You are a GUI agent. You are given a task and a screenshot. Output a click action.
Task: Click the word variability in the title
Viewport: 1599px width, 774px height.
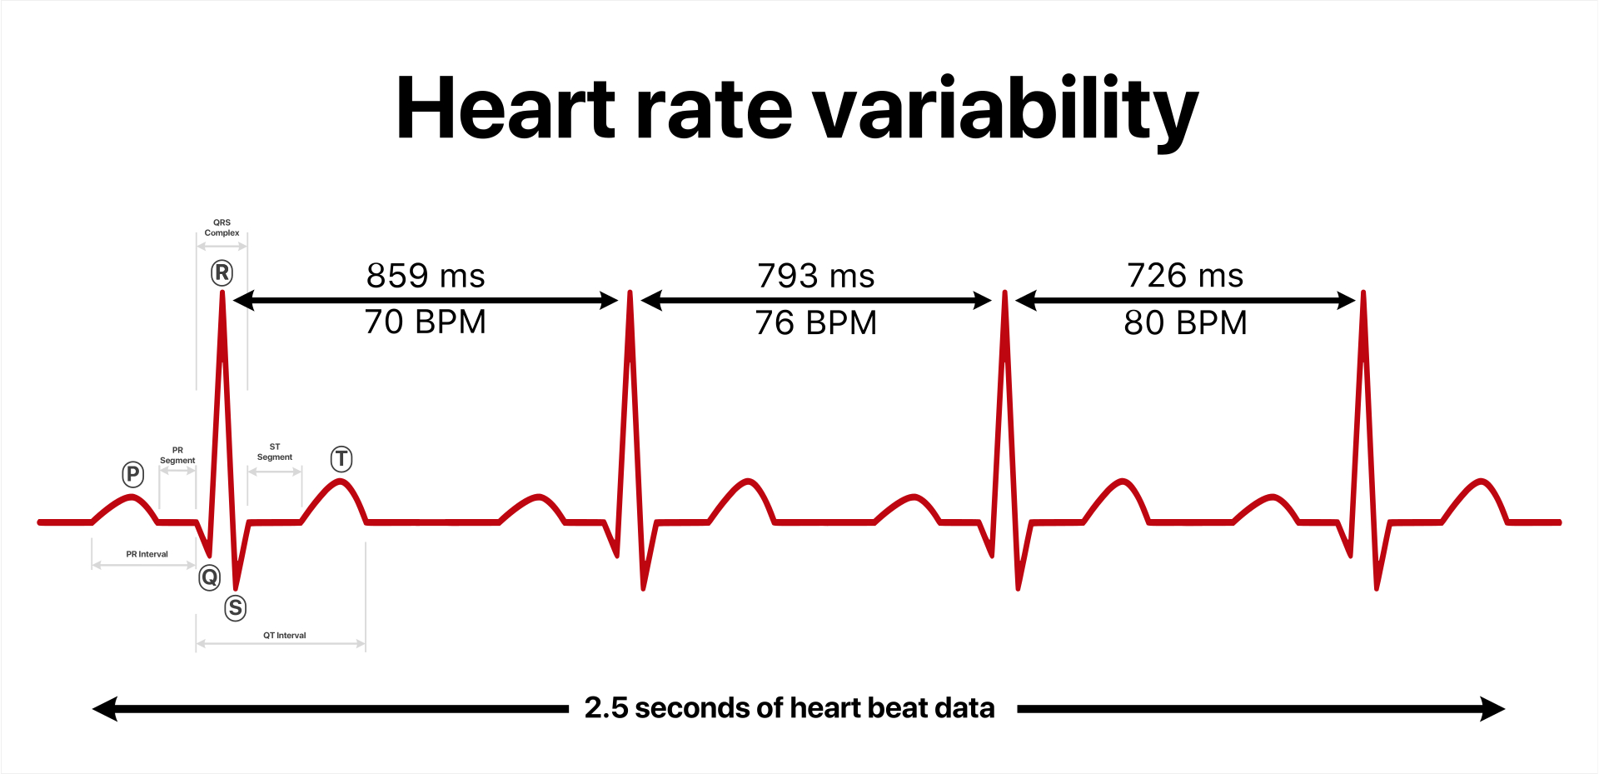[x=1005, y=111]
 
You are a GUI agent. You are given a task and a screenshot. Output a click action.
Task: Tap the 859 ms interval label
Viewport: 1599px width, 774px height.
[x=426, y=276]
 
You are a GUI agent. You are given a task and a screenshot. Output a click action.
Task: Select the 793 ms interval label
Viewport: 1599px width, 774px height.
[x=816, y=276]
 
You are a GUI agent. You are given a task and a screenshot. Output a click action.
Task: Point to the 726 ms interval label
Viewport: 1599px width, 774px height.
[x=1185, y=276]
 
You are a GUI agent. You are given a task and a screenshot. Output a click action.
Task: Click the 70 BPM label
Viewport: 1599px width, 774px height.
[x=426, y=322]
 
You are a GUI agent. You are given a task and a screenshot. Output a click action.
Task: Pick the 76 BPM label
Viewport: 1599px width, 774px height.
[x=816, y=323]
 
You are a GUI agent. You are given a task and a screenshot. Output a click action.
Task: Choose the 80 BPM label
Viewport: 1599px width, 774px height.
[x=1185, y=323]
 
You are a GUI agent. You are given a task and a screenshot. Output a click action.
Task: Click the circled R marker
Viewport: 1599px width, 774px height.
[x=222, y=272]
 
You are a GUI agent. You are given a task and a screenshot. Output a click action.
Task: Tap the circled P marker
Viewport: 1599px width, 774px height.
[x=132, y=474]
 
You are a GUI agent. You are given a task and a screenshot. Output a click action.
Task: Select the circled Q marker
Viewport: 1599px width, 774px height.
[x=210, y=577]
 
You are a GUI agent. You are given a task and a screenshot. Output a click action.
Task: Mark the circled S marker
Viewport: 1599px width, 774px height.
[x=236, y=607]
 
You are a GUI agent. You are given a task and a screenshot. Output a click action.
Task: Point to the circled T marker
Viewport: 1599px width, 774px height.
[x=341, y=458]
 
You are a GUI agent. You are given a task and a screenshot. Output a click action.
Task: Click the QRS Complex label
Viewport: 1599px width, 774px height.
[x=222, y=227]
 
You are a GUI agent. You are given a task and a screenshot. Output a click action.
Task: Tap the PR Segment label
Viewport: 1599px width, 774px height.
[x=177, y=455]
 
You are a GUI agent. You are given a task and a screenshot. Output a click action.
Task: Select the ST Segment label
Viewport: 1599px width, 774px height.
[x=275, y=452]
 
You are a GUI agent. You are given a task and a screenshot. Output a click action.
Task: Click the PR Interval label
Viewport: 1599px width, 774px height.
[x=147, y=554]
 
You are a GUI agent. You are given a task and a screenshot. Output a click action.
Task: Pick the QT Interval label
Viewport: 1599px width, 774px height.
[x=285, y=635]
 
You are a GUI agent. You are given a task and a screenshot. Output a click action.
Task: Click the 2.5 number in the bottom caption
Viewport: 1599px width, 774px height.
[x=606, y=708]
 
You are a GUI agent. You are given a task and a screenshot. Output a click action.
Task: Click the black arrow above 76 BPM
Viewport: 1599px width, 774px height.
[x=816, y=301]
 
